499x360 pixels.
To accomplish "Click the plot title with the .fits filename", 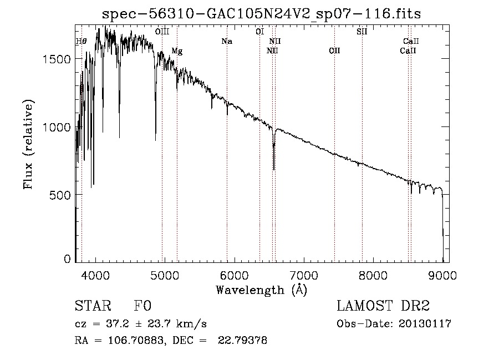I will coord(262,14).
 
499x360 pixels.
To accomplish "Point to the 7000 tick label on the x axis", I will coord(304,275).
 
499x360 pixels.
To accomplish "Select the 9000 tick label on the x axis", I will coord(442,275).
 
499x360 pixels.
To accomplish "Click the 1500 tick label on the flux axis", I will coord(55,59).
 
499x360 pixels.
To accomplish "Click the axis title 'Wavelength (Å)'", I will coord(261,290).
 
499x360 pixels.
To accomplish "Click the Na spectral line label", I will coord(226,42).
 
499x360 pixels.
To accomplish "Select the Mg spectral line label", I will coord(177,51).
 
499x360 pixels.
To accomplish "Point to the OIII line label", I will coord(162,32).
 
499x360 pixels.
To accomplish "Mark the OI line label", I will coord(259,32).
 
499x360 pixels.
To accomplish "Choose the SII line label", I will coord(361,32).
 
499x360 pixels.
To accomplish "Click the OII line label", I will coord(334,51).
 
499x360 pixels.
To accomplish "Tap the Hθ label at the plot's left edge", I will coord(81,42).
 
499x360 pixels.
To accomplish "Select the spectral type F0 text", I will coord(142,307).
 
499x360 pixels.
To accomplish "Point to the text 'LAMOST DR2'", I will coord(383,307).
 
